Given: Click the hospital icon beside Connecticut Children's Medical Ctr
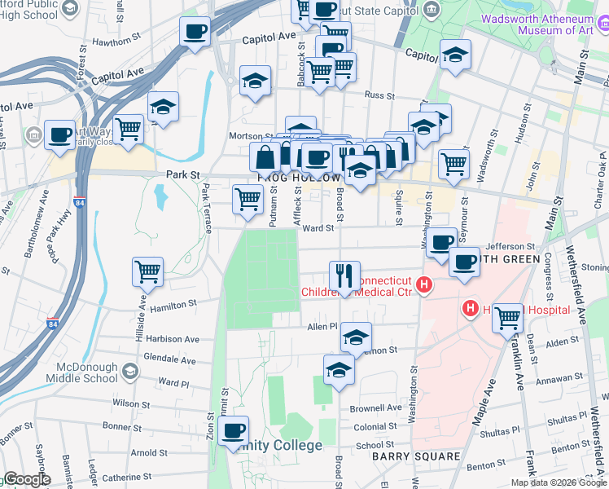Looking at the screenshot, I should point(423,284).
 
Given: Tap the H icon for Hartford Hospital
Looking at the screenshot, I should point(470,309).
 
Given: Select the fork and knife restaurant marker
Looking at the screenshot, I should point(345,275).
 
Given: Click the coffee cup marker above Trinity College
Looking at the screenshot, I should point(234,430).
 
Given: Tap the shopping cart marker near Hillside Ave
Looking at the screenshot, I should point(147,271).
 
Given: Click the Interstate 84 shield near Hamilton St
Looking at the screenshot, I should point(52,324).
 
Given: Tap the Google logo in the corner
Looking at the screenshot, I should point(27,479).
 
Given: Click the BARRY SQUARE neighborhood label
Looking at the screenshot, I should point(416,456).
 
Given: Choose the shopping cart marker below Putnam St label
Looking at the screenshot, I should point(248,198).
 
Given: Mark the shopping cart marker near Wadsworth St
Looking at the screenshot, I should point(453,163).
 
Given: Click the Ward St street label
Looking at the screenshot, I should point(318,229).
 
